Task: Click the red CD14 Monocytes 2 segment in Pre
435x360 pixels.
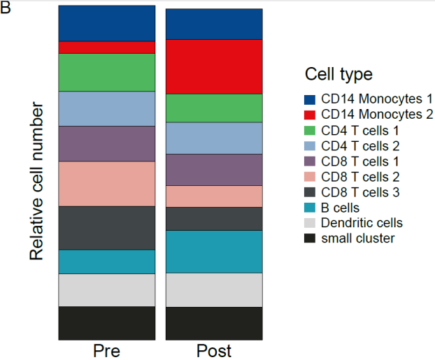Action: (x=107, y=48)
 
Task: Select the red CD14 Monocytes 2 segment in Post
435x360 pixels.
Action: (x=214, y=67)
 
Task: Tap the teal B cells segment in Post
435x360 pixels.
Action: (x=214, y=252)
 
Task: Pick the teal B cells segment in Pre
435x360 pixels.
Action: (x=107, y=262)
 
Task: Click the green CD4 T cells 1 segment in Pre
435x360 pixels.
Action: (x=107, y=73)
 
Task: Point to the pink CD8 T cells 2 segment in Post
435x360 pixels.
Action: (x=214, y=196)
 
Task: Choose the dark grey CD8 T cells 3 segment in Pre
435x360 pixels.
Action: (x=107, y=229)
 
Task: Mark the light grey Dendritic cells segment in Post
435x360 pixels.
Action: (x=214, y=290)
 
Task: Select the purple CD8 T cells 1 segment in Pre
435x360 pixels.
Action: (x=107, y=144)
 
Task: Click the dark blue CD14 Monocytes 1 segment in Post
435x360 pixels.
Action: (x=214, y=24)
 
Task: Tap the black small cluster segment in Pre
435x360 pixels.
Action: (x=107, y=323)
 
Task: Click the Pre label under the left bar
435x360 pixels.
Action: (x=107, y=351)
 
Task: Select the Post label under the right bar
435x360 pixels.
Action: (x=214, y=351)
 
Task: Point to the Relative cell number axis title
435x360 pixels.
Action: (x=36, y=181)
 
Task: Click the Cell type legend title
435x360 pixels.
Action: (x=338, y=74)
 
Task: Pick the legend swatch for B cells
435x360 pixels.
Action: (x=310, y=208)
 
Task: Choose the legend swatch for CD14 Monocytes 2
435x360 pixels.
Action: (x=310, y=115)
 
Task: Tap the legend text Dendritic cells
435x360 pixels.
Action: (x=362, y=223)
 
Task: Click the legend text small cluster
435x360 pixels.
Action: (x=358, y=238)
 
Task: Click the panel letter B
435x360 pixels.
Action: (x=6, y=8)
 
